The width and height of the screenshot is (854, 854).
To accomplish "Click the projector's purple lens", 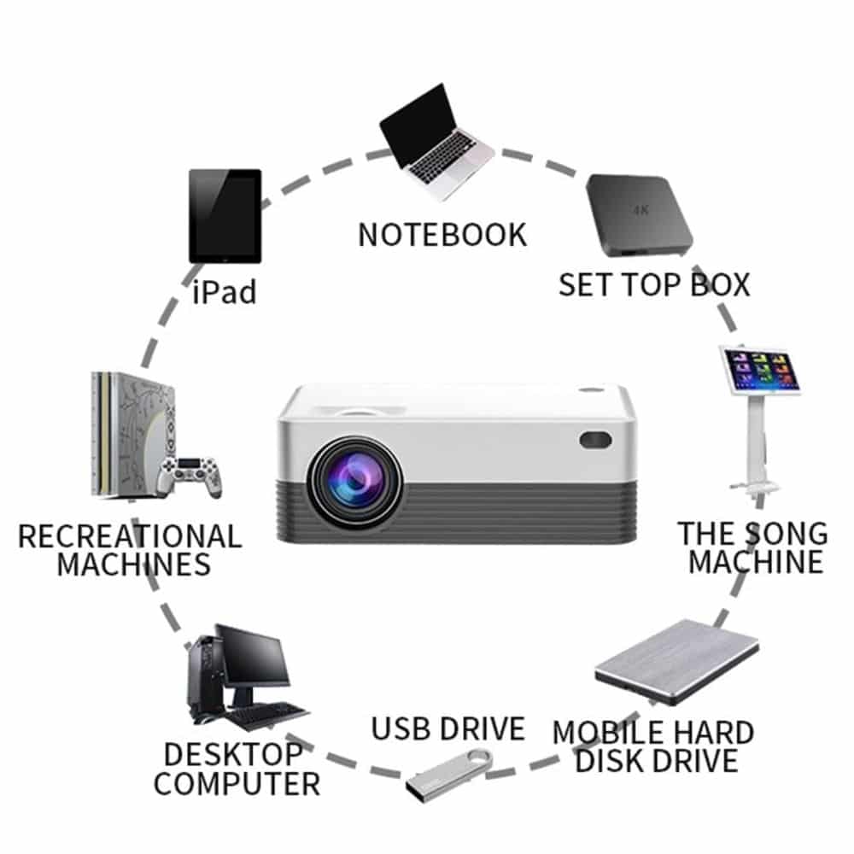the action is [x=354, y=482].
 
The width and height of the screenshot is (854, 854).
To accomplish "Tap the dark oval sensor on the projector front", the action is [x=594, y=440].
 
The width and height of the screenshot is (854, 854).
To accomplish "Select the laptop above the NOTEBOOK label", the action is [x=436, y=142].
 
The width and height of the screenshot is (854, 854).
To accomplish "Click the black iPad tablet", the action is [x=225, y=216].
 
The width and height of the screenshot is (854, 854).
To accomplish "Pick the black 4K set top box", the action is [x=639, y=216].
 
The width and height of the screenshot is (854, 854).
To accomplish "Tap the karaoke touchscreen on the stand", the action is [x=760, y=369].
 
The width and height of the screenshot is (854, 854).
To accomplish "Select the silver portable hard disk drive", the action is [x=677, y=663].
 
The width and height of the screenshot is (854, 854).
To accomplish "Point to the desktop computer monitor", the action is [x=254, y=656].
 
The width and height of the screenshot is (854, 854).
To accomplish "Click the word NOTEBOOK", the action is [x=442, y=235].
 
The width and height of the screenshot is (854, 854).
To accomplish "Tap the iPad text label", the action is [x=225, y=292].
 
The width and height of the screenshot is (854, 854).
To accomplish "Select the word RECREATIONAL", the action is [x=130, y=536].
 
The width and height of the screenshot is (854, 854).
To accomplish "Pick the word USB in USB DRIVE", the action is [x=402, y=728].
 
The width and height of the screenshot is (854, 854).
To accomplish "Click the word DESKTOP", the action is [x=234, y=754].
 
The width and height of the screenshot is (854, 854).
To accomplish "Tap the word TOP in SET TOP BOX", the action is [x=652, y=285].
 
